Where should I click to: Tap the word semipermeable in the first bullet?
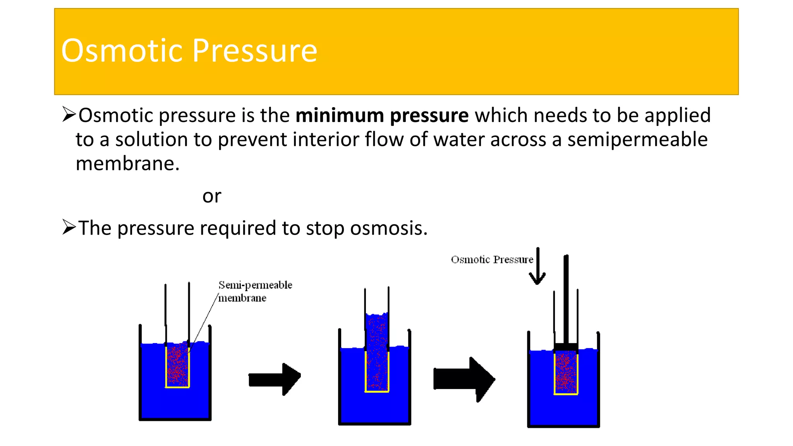pos(637,139)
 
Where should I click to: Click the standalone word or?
pos(211,196)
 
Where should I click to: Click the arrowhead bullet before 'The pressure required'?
pos(69,227)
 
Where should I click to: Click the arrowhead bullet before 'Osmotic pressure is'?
pos(69,115)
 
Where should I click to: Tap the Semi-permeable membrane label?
pos(255,291)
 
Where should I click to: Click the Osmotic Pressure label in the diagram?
pos(492,259)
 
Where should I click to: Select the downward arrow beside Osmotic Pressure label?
pos(537,267)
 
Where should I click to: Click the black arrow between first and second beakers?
pos(274,379)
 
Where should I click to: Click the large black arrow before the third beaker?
pos(464,379)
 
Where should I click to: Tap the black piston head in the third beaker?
pos(566,347)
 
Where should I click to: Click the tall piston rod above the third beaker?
pos(566,298)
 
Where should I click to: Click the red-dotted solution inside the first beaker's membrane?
pos(177,366)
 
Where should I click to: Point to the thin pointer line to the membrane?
pos(205,321)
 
